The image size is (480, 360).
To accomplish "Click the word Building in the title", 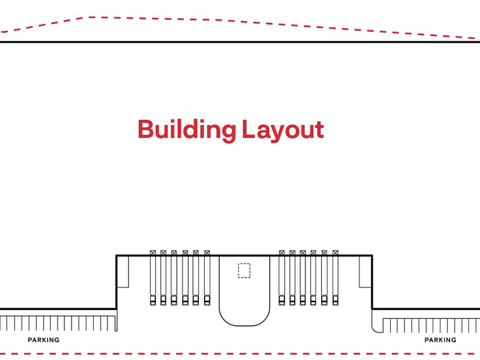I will tap(186, 130).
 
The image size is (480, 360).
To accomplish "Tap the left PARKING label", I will tap(43, 340).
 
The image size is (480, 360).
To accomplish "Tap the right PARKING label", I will tap(440, 340).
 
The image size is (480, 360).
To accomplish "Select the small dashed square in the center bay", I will tap(244, 270).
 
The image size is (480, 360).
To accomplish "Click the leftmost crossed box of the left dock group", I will tap(153, 253).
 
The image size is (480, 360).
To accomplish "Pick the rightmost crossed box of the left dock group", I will tap(207, 253).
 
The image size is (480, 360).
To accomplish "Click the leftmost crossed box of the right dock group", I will tap(281, 253).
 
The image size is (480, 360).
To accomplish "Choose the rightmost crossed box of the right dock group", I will tap(335, 253).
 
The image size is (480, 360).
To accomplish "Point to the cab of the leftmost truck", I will tap(153, 300).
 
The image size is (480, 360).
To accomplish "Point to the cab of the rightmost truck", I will tap(335, 300).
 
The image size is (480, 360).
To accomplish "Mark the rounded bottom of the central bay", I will tap(244, 320).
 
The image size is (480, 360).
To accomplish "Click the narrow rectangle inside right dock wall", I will tap(365, 271).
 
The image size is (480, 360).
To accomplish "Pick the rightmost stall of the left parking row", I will tap(112, 323).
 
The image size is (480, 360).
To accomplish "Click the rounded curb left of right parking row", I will tap(376, 326).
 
